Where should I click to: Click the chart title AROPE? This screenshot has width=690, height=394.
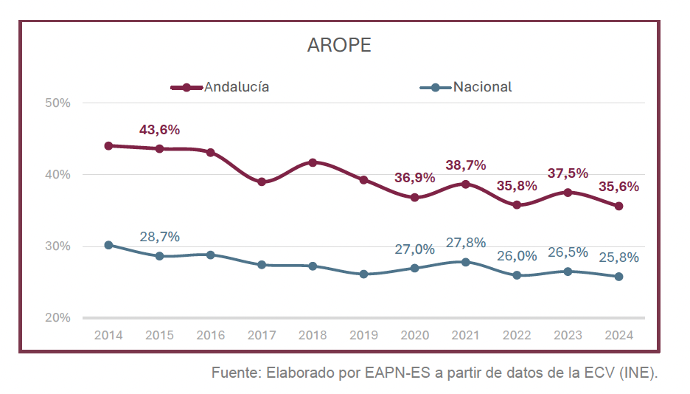[339, 46]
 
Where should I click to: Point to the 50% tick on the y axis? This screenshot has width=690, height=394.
[57, 103]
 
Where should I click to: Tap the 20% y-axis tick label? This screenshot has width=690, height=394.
[57, 318]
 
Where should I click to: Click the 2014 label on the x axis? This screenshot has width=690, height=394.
[108, 336]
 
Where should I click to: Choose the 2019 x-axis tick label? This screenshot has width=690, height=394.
[363, 336]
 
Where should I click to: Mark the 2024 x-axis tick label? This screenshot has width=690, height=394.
[618, 336]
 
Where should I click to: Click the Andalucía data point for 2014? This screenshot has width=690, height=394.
[108, 146]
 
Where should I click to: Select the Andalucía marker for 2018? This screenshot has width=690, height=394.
[313, 162]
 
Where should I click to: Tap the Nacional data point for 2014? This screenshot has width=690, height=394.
[108, 245]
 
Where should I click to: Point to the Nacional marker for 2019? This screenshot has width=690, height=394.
[363, 274]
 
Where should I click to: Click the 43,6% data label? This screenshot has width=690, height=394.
[159, 130]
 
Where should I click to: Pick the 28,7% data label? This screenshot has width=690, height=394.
[159, 237]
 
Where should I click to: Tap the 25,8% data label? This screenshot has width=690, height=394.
[618, 258]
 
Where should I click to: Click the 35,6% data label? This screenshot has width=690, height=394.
[618, 187]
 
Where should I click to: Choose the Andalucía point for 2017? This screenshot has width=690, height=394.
[262, 182]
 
